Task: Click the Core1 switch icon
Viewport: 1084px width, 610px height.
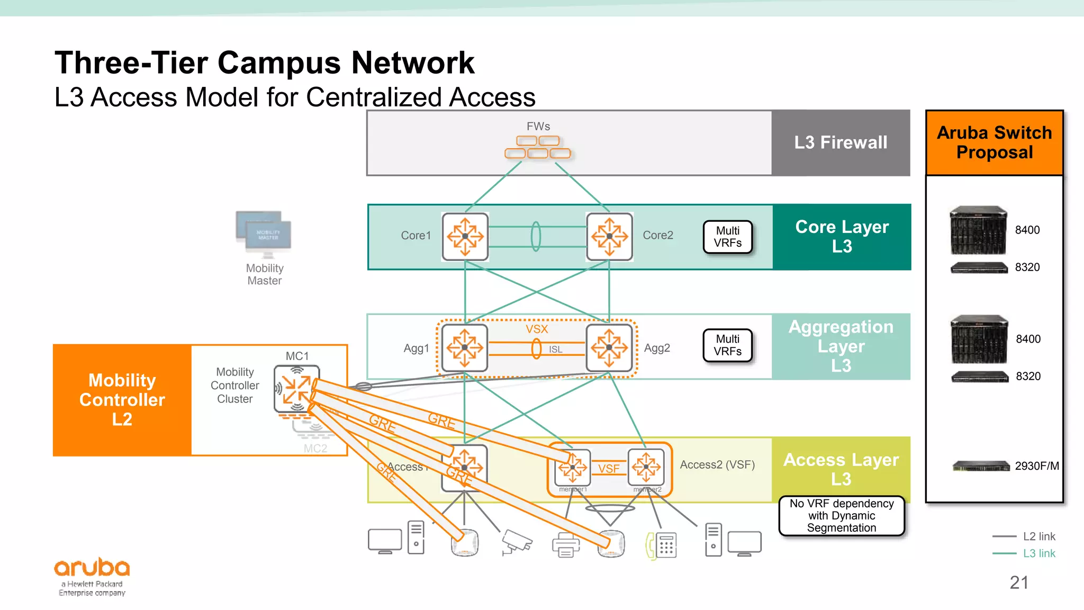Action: click(465, 237)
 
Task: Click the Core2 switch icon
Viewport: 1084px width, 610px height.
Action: click(609, 237)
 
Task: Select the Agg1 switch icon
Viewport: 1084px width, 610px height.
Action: click(464, 348)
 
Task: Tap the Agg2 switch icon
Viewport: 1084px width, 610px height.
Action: click(609, 348)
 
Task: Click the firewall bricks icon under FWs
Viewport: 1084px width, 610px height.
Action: click(538, 147)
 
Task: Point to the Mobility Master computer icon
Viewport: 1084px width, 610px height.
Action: click(264, 234)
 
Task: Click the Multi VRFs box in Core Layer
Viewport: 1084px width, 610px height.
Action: click(728, 237)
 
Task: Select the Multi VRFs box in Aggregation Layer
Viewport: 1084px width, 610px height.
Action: click(728, 345)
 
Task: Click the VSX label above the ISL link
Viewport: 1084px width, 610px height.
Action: click(537, 329)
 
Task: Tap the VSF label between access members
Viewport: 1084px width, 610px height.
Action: click(609, 469)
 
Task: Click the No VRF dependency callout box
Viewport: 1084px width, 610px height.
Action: click(842, 516)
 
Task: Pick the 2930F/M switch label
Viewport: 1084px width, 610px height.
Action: click(1036, 466)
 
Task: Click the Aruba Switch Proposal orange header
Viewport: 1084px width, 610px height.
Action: click(994, 142)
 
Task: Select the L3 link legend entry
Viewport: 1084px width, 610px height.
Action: click(1038, 553)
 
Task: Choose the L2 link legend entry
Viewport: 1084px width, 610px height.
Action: click(1038, 536)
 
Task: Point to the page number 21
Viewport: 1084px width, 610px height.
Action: click(1019, 582)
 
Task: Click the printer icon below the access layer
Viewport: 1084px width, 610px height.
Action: click(565, 545)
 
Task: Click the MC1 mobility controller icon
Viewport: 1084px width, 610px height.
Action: click(296, 388)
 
